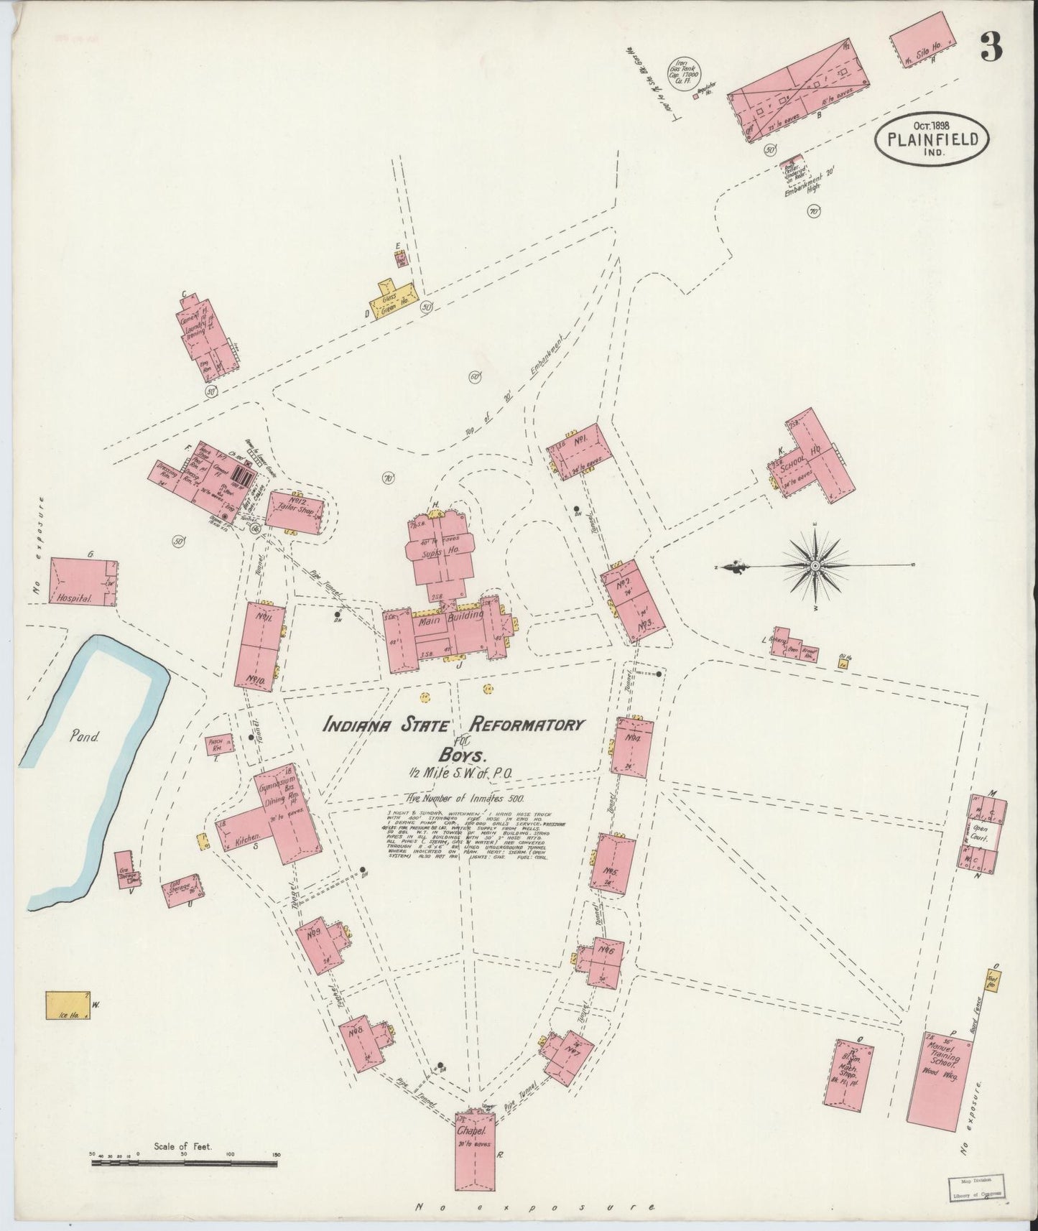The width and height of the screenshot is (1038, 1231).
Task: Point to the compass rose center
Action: (815, 567)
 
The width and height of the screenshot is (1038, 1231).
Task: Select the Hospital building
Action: (83, 581)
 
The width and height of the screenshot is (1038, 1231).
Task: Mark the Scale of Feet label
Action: (183, 1146)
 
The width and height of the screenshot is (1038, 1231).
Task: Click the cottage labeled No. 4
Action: (633, 744)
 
